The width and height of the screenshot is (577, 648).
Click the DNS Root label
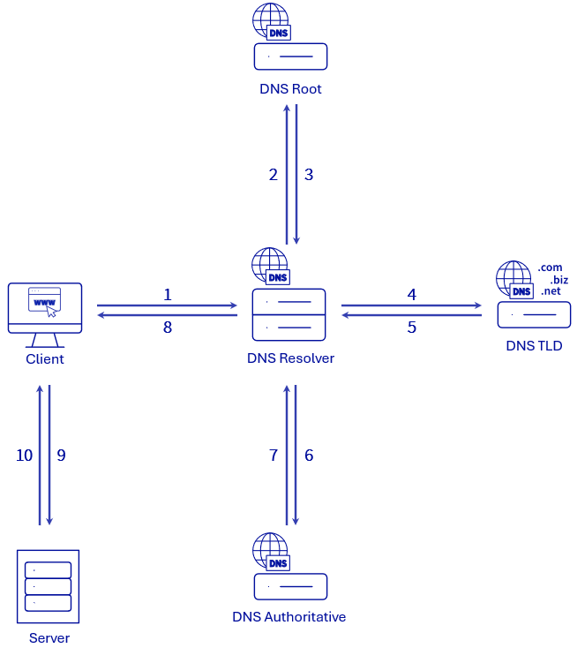[x=290, y=89]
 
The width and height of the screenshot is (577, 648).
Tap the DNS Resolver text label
[x=290, y=359]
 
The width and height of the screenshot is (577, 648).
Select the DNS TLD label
[x=534, y=346]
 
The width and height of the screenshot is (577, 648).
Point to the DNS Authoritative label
[x=288, y=616]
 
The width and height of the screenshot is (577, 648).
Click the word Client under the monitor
[x=45, y=359]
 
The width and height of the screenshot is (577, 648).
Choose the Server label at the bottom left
[x=49, y=637]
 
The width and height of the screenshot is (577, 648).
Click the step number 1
[x=168, y=295]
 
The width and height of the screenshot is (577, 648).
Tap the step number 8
[x=168, y=327]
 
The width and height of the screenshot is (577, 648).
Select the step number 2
[x=274, y=175]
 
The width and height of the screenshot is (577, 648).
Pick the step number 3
[x=309, y=175]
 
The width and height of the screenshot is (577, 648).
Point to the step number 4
[x=412, y=295]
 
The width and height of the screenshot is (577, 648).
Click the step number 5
[x=412, y=327]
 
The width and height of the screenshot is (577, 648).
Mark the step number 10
[x=25, y=456]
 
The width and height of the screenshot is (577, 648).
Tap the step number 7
[x=274, y=456]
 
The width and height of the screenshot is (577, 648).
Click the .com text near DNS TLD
[x=550, y=267]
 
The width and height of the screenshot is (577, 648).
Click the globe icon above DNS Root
[x=268, y=20]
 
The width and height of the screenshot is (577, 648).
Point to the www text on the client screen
[x=43, y=302]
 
